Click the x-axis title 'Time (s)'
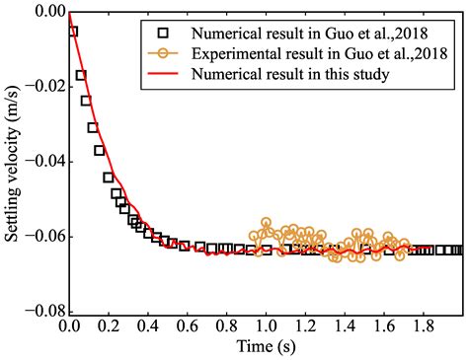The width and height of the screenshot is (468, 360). (265, 347)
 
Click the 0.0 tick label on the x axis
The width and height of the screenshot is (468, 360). (69, 325)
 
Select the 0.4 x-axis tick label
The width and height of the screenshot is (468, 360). (147, 325)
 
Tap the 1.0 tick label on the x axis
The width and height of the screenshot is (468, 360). (265, 325)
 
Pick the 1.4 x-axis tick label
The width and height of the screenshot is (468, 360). (344, 325)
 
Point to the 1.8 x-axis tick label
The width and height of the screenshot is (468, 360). (422, 325)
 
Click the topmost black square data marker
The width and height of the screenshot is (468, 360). (73, 32)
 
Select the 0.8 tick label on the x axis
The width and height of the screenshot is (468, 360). (226, 325)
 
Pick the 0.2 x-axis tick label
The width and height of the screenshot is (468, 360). (109, 325)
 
